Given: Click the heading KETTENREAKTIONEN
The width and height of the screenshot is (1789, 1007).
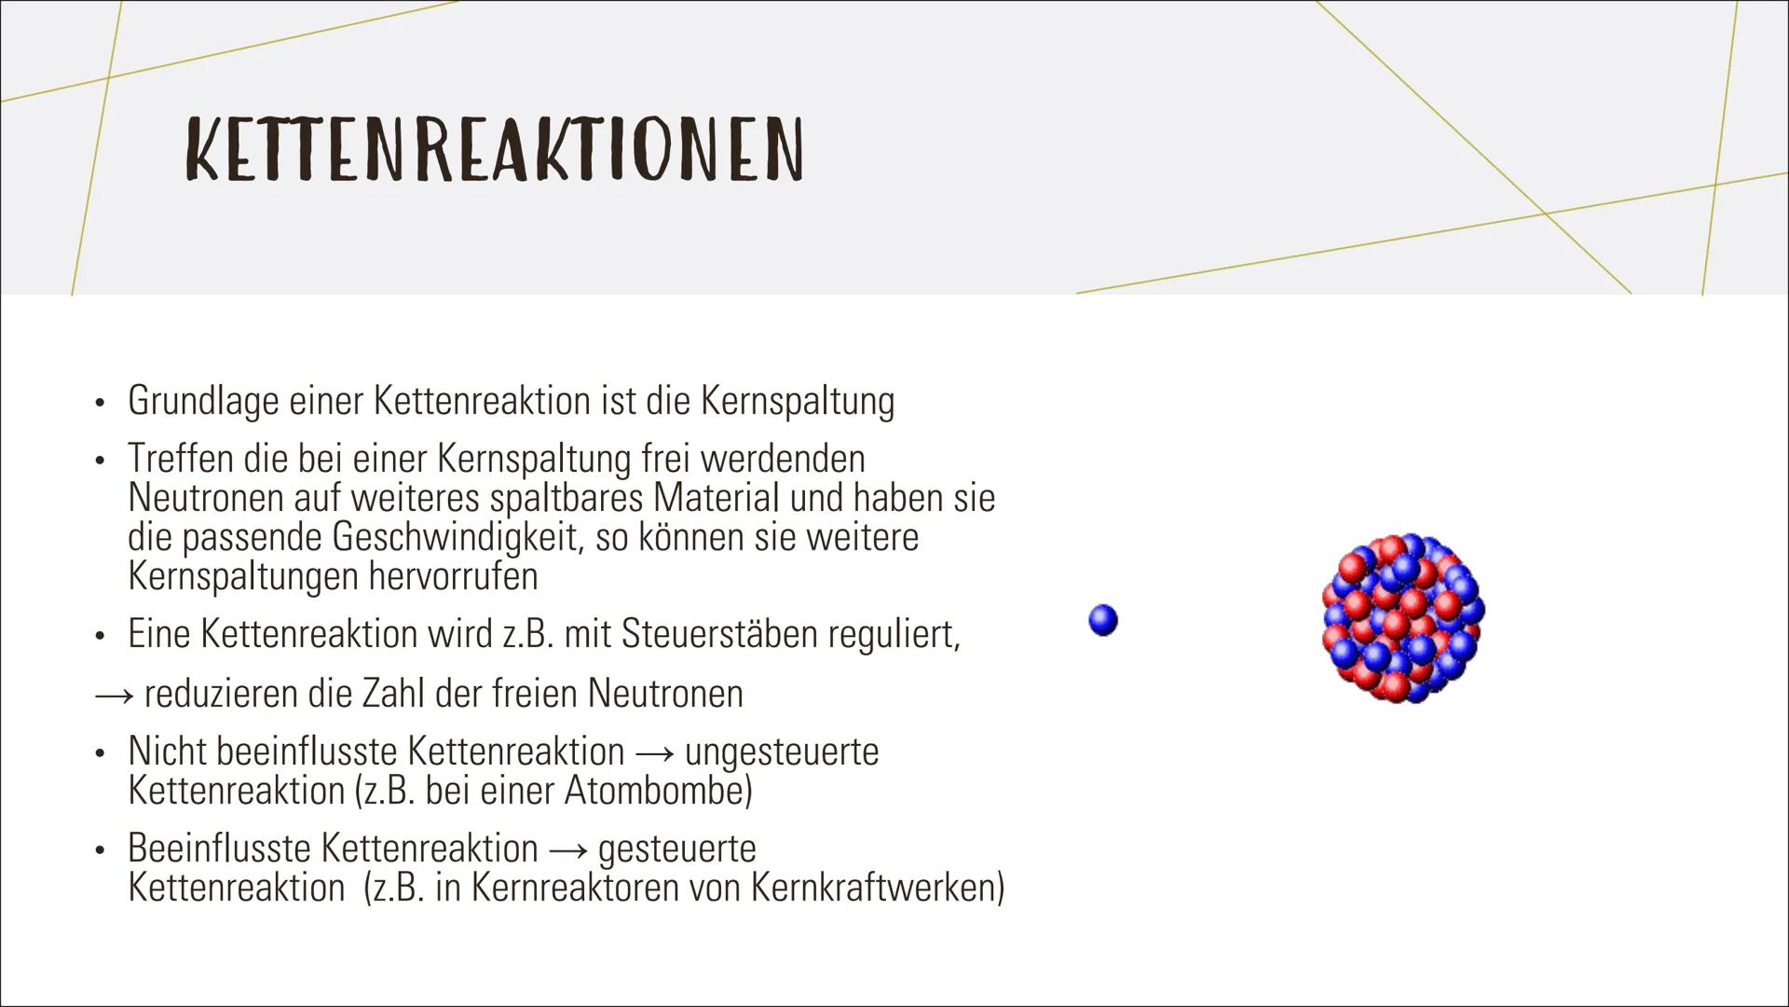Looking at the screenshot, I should point(494,149).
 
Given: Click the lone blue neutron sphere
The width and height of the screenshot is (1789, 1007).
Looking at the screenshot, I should point(1102,620).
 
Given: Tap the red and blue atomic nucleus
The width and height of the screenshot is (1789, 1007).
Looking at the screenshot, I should point(1402,617).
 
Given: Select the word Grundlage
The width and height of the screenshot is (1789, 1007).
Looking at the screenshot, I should point(203,402).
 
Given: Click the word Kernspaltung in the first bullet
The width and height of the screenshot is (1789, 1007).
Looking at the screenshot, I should point(797,402).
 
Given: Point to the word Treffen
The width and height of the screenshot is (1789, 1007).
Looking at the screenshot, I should point(181,459).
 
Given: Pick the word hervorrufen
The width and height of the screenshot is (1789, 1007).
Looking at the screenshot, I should point(453,576).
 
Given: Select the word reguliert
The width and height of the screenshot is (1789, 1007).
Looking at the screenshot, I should point(894,635).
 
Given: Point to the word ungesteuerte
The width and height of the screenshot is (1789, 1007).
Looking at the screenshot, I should point(782,752).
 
